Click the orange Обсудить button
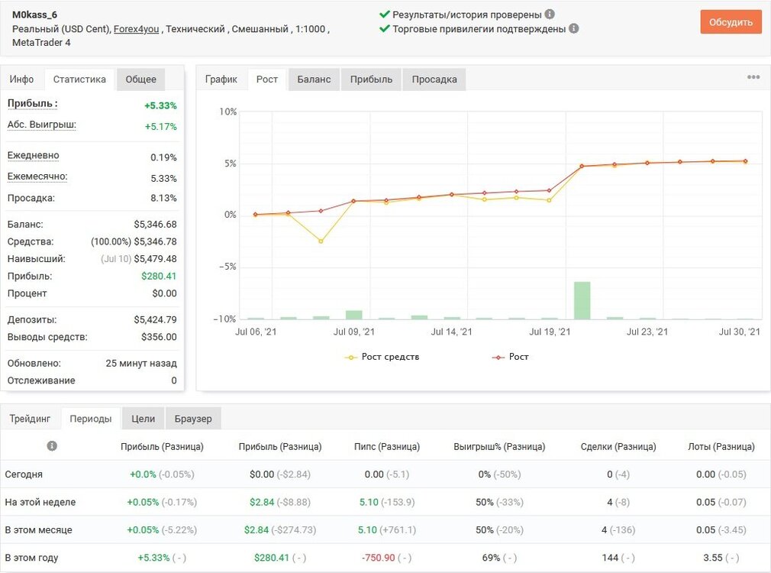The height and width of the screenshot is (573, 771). tap(731, 22)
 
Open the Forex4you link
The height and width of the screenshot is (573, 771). tap(136, 29)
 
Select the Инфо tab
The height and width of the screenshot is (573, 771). tap(21, 79)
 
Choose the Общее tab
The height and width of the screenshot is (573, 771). tap(140, 79)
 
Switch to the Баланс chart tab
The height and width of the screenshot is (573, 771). tap(314, 79)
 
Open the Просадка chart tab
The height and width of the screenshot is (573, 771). tap(434, 79)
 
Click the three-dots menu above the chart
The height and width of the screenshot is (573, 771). tap(753, 77)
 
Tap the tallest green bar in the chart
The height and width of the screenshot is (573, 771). tap(582, 300)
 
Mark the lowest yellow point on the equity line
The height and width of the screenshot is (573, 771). tap(321, 241)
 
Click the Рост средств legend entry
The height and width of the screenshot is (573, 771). tap(382, 357)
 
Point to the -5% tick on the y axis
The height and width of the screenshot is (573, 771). tap(227, 267)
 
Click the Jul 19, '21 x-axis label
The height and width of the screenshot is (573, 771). tap(550, 332)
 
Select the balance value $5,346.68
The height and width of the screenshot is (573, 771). tap(156, 225)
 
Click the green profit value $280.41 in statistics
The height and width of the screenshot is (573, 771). tap(159, 276)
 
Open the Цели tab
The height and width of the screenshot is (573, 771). tap(143, 419)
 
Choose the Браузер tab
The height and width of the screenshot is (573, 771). tap(193, 419)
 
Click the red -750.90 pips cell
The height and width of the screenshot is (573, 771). tap(378, 558)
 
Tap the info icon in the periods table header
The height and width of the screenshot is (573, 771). tap(52, 446)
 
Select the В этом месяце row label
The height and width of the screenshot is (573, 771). tap(38, 530)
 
